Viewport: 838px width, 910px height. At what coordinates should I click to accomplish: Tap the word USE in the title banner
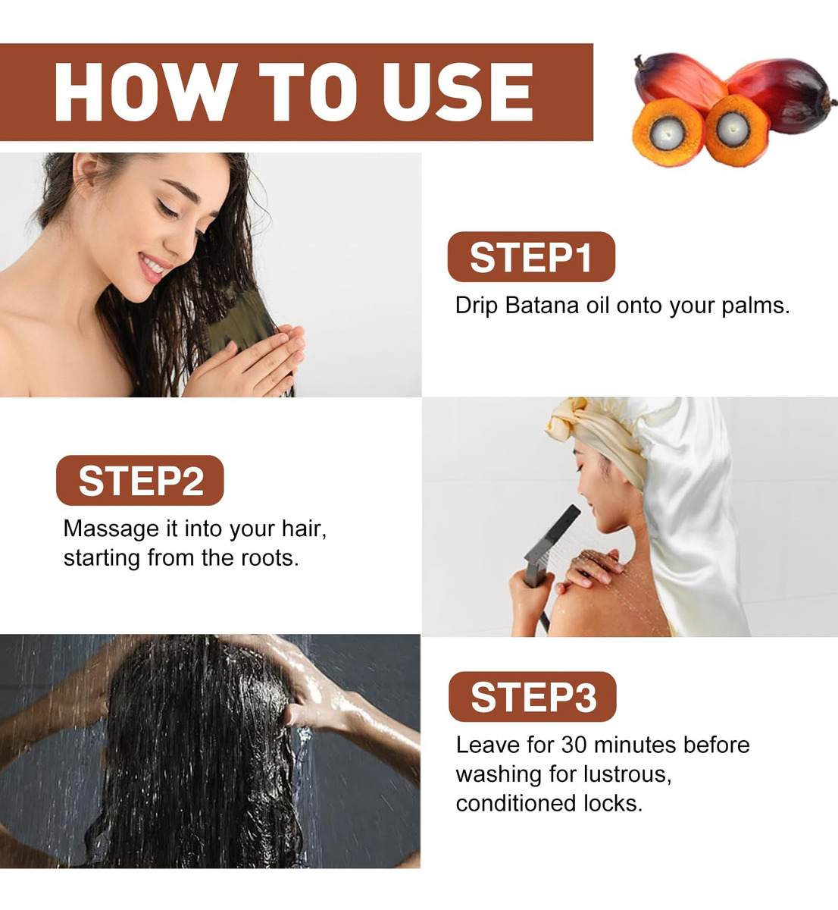point(458,92)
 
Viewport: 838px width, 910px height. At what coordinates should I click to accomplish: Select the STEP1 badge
point(531,256)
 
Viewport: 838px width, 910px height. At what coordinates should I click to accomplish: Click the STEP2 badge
point(139,480)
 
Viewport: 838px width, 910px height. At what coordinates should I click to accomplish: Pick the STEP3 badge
point(533,696)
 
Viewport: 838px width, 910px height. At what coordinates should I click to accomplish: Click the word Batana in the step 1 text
point(542,305)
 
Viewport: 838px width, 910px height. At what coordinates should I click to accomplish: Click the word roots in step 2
point(270,558)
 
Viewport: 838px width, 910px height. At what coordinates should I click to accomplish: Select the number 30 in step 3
point(574,745)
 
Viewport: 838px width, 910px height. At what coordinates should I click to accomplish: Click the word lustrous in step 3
point(627,774)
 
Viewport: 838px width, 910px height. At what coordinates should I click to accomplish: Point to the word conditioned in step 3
point(517,803)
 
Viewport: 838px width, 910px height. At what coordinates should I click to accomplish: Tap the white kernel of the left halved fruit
point(667,133)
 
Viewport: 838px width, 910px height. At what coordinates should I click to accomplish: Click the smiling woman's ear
point(89,174)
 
